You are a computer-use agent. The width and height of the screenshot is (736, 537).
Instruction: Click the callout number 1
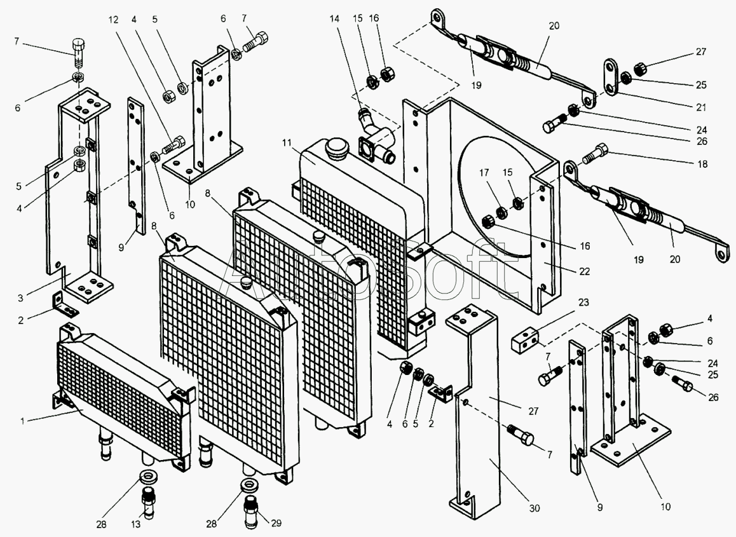click(22, 421)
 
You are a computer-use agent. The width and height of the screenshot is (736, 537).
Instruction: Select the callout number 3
click(20, 298)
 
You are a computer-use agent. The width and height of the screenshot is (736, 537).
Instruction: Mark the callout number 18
click(702, 164)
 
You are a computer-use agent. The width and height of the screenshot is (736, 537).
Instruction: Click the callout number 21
click(701, 107)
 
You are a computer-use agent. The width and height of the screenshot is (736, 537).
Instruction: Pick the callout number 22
click(584, 271)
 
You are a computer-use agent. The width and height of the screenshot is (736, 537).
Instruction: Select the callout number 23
click(583, 302)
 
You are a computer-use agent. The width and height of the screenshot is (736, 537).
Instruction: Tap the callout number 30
click(535, 508)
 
